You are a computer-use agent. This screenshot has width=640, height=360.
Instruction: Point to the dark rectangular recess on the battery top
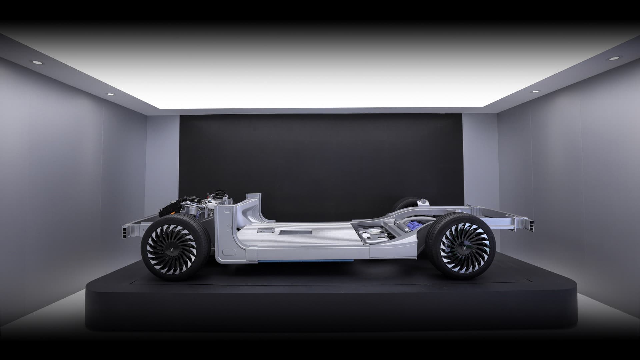(x=295, y=232)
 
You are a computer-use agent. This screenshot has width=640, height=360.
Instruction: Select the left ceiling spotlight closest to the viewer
(x=34, y=62)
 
